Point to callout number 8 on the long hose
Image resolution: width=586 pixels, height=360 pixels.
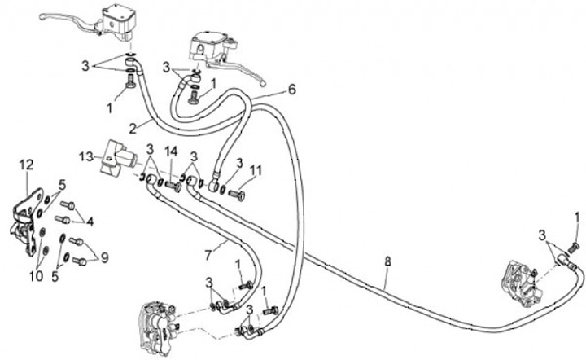388,262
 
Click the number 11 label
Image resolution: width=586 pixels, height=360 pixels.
257,170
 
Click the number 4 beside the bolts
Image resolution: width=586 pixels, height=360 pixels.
90,220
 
